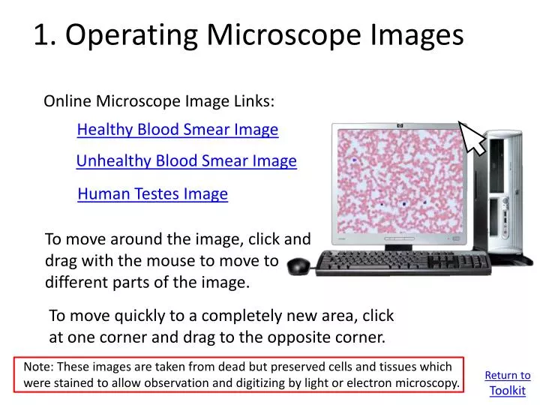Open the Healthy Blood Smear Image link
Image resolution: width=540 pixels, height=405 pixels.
pyautogui.click(x=178, y=130)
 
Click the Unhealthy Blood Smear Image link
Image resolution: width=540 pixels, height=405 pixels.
pyautogui.click(x=187, y=161)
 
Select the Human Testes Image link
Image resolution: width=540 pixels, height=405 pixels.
pyautogui.click(x=152, y=194)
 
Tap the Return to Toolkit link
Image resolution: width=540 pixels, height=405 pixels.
pyautogui.click(x=507, y=382)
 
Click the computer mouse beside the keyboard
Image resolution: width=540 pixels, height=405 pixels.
pyautogui.click(x=298, y=265)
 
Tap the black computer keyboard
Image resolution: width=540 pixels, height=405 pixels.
pyautogui.click(x=405, y=262)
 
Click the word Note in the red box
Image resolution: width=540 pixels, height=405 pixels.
pyautogui.click(x=38, y=367)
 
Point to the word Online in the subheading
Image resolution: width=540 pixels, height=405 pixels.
pyautogui.click(x=67, y=100)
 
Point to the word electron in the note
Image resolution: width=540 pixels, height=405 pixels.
pyautogui.click(x=360, y=383)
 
